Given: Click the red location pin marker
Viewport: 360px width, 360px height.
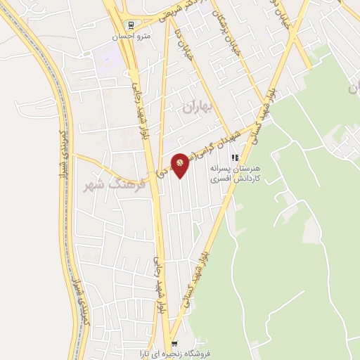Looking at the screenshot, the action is coord(181,165).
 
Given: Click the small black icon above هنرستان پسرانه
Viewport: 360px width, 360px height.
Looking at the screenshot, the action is coord(236,159).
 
